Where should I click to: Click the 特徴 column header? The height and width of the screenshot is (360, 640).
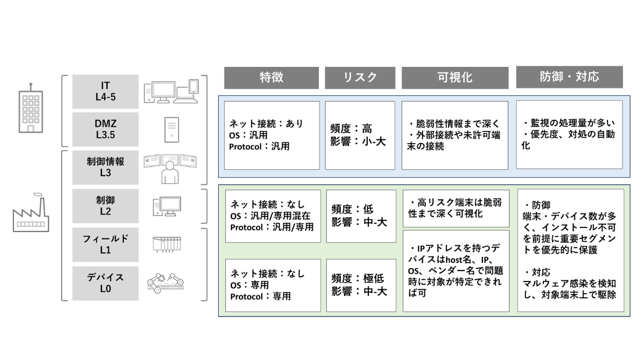click(271, 77)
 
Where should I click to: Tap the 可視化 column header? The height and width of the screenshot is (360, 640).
click(455, 77)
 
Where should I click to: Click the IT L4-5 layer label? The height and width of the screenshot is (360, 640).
click(105, 91)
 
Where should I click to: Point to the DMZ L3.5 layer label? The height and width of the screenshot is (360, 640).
click(105, 129)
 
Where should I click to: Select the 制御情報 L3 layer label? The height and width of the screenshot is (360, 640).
click(105, 167)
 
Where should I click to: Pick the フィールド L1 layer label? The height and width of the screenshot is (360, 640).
click(105, 244)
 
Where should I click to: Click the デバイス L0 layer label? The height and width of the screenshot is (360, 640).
click(105, 283)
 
